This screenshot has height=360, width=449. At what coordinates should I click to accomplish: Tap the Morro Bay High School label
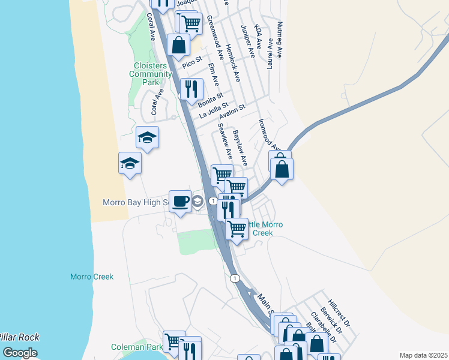click(136, 202)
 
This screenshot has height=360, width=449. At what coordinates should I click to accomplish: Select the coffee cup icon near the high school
click(180, 202)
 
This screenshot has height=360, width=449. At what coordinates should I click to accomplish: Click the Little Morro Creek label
click(265, 229)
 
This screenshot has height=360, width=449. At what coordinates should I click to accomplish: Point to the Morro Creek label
click(92, 277)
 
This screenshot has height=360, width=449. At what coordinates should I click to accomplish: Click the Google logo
click(20, 353)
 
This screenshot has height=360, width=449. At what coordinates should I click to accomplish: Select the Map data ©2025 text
click(423, 355)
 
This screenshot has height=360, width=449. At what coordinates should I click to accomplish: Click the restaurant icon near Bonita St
click(191, 89)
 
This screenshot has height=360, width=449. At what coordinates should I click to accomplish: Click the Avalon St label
click(233, 112)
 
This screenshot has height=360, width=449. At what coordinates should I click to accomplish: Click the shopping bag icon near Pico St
click(179, 44)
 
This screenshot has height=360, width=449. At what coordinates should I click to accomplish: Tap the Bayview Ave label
click(240, 148)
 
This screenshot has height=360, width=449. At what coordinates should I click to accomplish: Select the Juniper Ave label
click(248, 42)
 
